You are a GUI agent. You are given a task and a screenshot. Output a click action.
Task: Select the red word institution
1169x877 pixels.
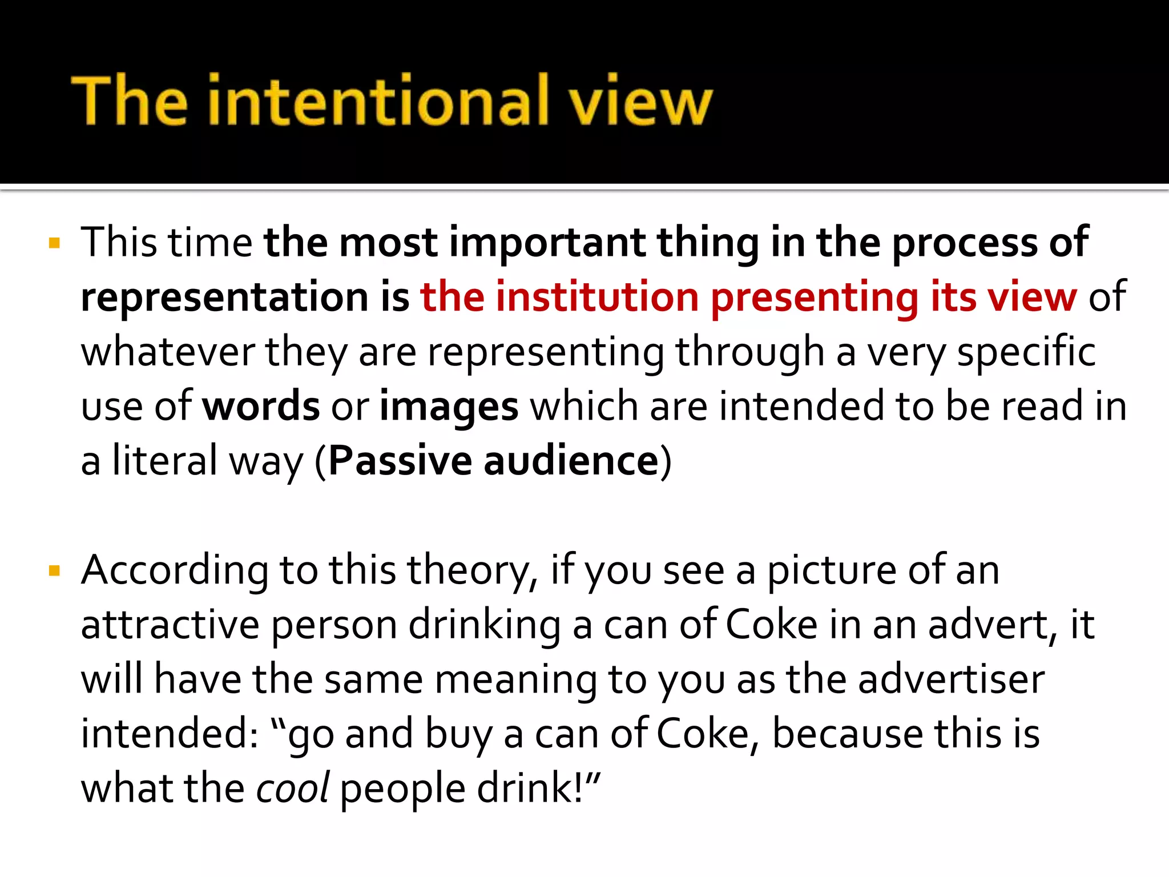point(597,297)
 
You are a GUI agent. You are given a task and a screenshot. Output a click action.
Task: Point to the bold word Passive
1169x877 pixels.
point(400,461)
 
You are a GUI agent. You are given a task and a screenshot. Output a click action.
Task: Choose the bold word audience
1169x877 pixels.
point(571,461)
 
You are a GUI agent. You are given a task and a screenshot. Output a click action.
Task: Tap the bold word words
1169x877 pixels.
point(261,407)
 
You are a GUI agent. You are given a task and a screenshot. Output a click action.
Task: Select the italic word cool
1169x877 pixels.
point(292,789)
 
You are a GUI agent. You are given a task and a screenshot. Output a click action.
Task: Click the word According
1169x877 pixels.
point(175,571)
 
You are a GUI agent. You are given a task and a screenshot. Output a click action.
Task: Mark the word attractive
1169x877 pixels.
point(170,625)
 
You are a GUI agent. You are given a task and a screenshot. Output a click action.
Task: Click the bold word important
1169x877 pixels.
point(547,243)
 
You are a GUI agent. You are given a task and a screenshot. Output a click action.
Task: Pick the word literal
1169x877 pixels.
point(165,461)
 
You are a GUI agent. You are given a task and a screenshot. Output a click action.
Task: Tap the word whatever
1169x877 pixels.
point(168,352)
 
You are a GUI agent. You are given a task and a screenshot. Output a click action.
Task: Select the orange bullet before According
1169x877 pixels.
point(55,571)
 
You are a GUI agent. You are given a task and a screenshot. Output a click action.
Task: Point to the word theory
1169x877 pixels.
point(471,571)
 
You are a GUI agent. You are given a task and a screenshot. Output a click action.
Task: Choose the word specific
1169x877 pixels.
point(1026,352)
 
